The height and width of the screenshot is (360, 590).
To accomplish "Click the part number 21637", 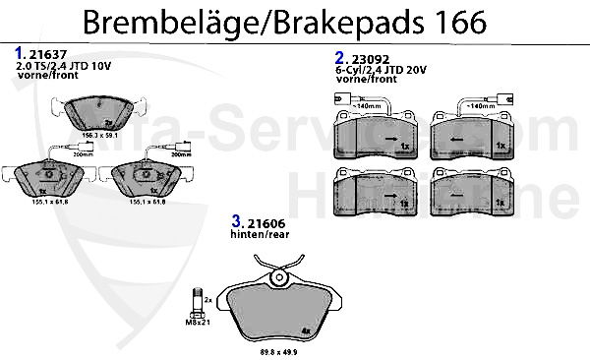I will (44, 55).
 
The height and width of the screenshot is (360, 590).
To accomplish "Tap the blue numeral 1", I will (20, 53).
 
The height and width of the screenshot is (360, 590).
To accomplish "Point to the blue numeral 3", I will (236, 222).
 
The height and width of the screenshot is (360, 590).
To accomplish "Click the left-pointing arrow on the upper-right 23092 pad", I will (460, 140).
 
